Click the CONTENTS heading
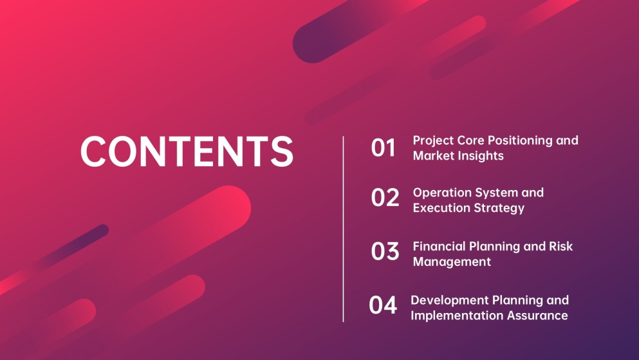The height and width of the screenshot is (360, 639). [187, 151]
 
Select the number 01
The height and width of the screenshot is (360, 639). [383, 147]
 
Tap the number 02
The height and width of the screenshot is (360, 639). [385, 197]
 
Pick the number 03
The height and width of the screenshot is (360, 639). [385, 251]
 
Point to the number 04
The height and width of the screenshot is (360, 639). [383, 305]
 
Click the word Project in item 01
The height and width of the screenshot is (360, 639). [433, 140]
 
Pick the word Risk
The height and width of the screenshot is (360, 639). [560, 246]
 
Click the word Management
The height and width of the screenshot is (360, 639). [452, 262]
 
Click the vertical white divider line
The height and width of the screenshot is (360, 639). [343, 229]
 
